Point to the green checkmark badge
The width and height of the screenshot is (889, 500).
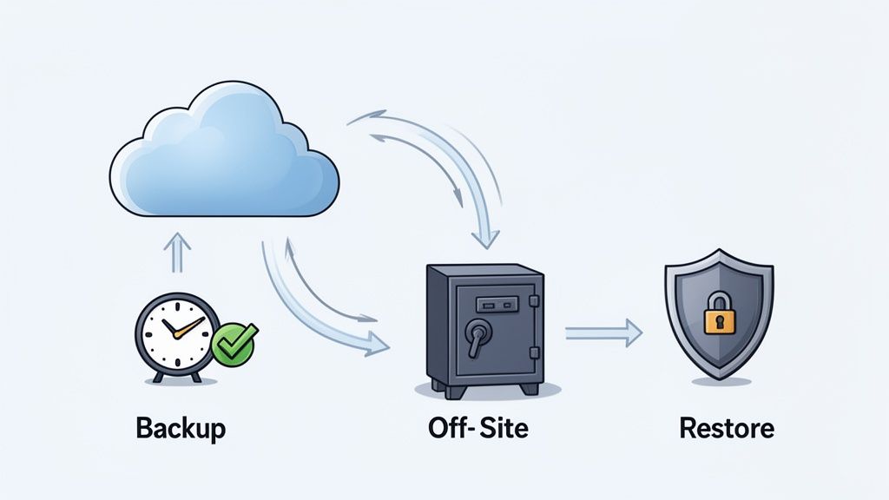[x=234, y=342]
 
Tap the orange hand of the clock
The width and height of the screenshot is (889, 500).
[x=189, y=327]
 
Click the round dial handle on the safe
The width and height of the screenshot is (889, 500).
[x=476, y=333]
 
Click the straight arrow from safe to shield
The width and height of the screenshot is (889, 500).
[x=603, y=331]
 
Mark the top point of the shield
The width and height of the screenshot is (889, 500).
[x=718, y=251]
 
